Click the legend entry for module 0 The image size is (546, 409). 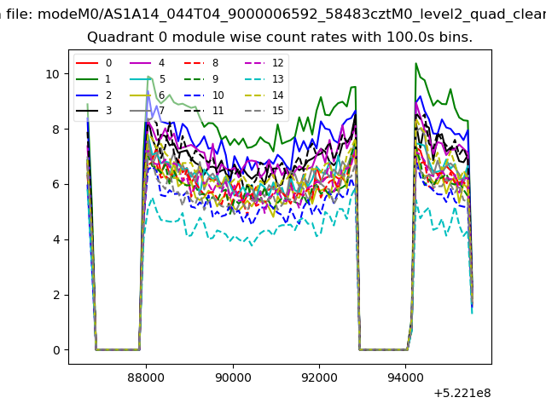(x=94, y=63)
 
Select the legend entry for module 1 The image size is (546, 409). (x=93, y=79)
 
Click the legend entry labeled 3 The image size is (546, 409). (x=94, y=111)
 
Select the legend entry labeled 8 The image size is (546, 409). (x=201, y=63)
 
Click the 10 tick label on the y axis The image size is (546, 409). (x=53, y=74)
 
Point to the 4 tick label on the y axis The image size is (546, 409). (x=56, y=239)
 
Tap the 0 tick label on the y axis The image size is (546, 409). (x=56, y=350)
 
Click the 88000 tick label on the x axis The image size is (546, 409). (x=146, y=377)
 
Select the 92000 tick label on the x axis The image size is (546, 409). (x=319, y=377)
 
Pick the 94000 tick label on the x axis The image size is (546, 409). (x=405, y=377)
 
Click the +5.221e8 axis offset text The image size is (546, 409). (x=462, y=394)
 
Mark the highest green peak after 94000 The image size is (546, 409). (x=415, y=63)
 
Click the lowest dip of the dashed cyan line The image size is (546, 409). (x=252, y=245)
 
